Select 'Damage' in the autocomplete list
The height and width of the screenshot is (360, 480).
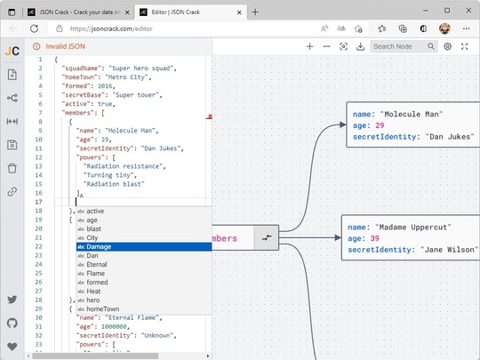100,246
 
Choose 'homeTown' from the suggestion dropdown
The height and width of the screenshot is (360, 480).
101,308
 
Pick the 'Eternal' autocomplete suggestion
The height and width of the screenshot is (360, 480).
99,264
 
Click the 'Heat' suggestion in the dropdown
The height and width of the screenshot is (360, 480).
93,291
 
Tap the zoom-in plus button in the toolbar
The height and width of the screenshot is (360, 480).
309,46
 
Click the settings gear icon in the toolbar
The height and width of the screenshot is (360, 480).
448,46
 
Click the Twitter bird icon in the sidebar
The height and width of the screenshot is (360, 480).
12,300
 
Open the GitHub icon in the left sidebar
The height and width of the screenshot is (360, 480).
12,323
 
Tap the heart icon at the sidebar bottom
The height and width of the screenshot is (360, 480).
12,346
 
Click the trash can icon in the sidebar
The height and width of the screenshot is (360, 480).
12,168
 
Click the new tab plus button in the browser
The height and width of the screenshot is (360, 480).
255,12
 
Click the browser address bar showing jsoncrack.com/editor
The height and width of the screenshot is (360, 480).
178,28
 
